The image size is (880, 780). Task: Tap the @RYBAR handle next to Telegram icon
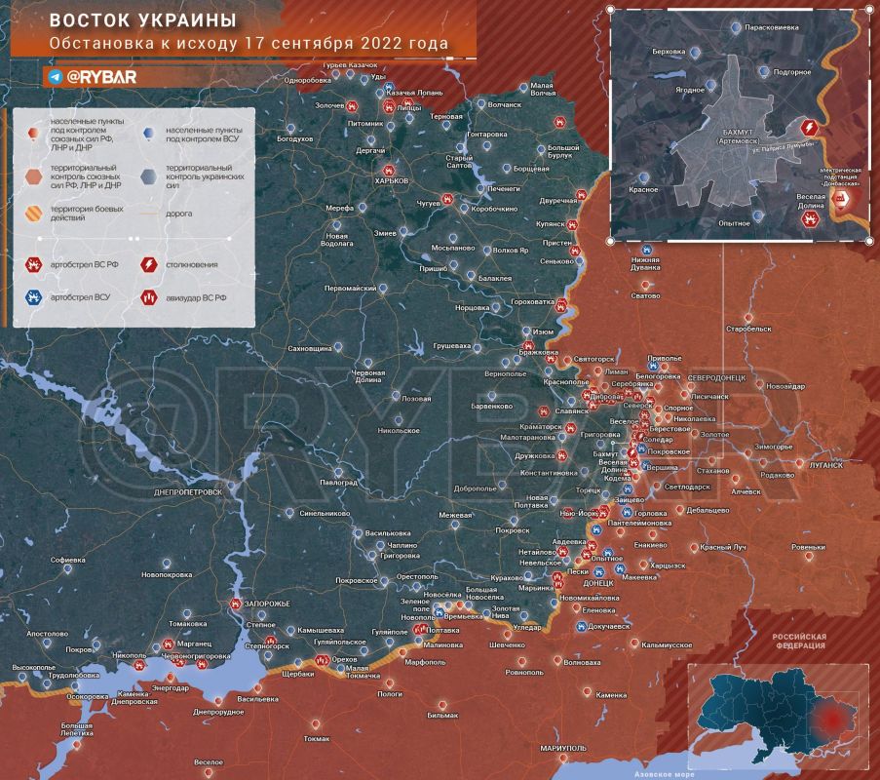(103, 76)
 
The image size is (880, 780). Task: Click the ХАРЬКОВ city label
(391, 180)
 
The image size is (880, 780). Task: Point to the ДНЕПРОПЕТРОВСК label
(187, 492)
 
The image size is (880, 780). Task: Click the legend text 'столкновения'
(191, 264)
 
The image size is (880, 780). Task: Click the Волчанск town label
(505, 103)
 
